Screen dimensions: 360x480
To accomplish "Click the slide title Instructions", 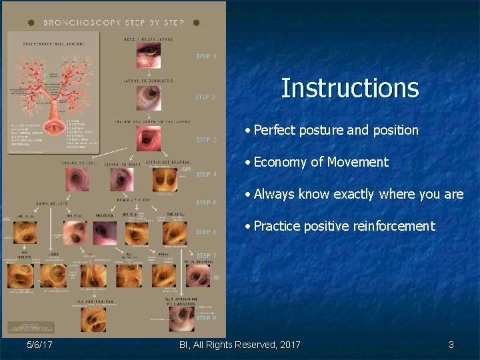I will point(349,88).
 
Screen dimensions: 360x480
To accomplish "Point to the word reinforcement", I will point(393,226).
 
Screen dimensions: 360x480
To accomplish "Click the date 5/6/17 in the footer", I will point(40,345).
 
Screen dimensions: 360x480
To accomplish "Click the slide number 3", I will point(451,345).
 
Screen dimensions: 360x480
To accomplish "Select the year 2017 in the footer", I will point(288,345).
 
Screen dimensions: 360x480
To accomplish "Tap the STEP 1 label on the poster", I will point(205,56).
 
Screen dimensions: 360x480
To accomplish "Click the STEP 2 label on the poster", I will point(205,97).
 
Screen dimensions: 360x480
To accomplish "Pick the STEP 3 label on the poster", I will point(206,140).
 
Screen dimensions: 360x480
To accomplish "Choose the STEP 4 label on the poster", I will point(206,175).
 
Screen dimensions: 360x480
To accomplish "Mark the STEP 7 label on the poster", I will point(206,255).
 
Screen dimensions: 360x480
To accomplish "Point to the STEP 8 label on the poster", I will point(206,318).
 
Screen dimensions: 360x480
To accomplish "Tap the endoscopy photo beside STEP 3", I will point(148,139).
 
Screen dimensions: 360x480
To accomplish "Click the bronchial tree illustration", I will point(53,93).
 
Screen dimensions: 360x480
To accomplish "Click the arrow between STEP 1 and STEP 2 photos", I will point(149,74).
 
